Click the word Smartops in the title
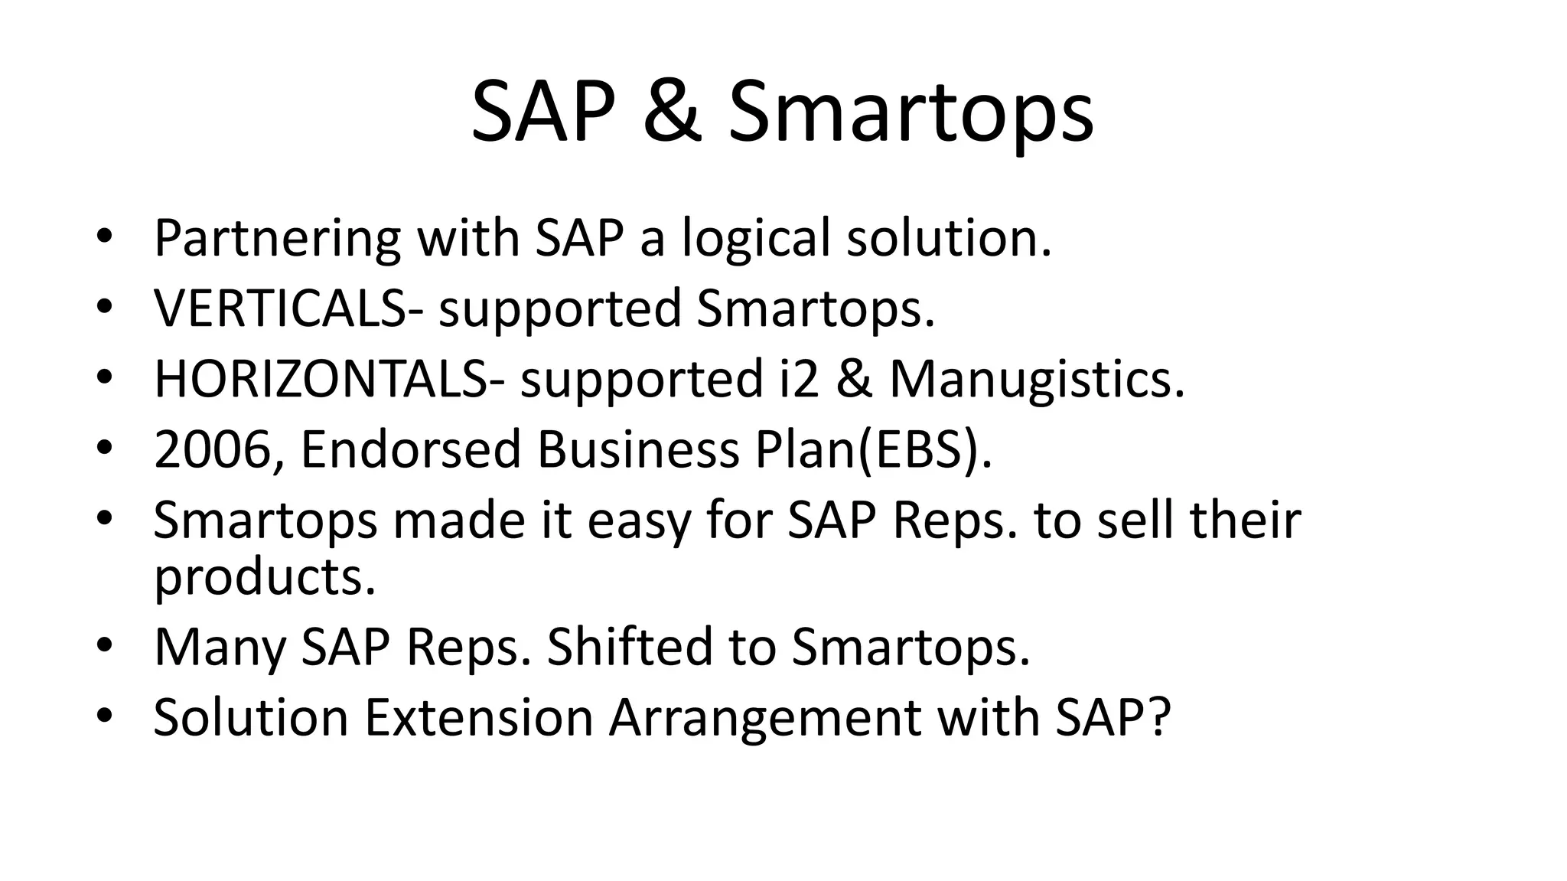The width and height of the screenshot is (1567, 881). point(911,113)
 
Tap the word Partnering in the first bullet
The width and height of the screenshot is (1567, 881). point(276,239)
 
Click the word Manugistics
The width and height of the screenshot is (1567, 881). point(1036,380)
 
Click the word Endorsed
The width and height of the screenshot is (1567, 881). point(410,449)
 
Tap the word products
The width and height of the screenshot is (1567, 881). point(265,578)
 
